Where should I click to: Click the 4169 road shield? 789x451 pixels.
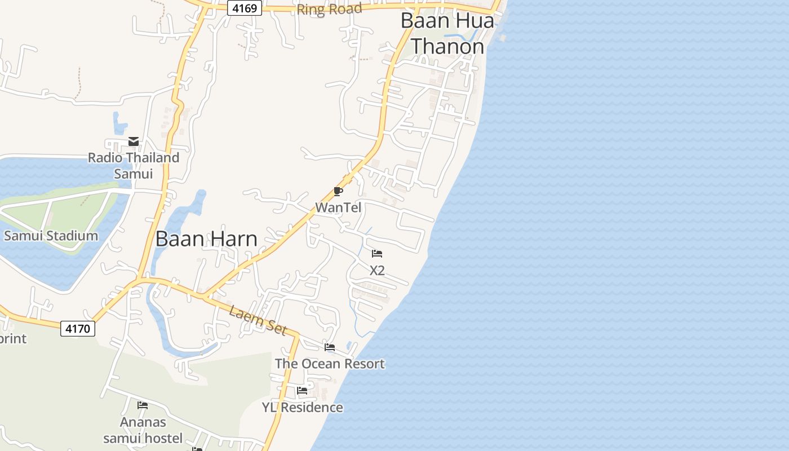click(x=245, y=8)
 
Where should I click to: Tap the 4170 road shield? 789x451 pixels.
click(x=78, y=328)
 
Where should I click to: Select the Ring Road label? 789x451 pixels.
click(x=329, y=10)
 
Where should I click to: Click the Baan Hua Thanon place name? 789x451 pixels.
click(x=447, y=33)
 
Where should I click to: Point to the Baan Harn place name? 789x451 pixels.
click(x=206, y=238)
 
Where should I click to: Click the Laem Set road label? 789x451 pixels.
click(x=258, y=320)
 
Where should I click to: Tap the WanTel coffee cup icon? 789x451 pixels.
click(x=338, y=192)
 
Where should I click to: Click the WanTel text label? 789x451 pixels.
click(x=338, y=207)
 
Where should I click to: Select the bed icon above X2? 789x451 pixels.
click(x=377, y=254)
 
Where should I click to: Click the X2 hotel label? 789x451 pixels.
click(x=377, y=270)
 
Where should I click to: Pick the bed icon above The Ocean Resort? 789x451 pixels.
click(x=330, y=347)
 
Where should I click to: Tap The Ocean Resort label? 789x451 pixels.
click(x=330, y=364)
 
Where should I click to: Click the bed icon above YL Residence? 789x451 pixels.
click(x=302, y=390)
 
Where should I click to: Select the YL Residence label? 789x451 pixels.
click(x=302, y=407)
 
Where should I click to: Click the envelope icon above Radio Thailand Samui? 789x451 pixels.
click(x=134, y=142)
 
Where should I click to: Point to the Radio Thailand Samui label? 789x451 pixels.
click(x=134, y=165)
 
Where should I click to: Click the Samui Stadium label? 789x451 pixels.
click(x=51, y=236)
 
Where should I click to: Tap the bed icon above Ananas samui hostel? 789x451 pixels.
click(x=143, y=405)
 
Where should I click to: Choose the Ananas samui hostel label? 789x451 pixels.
click(x=143, y=430)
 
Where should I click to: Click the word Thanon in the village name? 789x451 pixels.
click(x=447, y=46)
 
